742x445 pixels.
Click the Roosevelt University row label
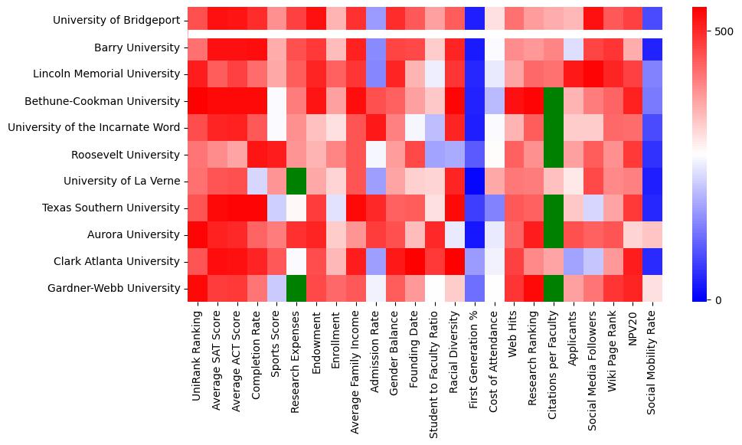click(x=126, y=154)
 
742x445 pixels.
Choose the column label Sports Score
click(x=276, y=348)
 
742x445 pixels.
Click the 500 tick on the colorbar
click(x=723, y=32)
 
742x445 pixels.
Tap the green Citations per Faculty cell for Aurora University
click(x=555, y=234)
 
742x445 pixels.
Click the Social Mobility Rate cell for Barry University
click(x=652, y=47)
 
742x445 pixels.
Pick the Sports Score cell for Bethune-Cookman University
click(x=276, y=101)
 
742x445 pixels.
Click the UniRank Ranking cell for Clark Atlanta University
click(x=197, y=261)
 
